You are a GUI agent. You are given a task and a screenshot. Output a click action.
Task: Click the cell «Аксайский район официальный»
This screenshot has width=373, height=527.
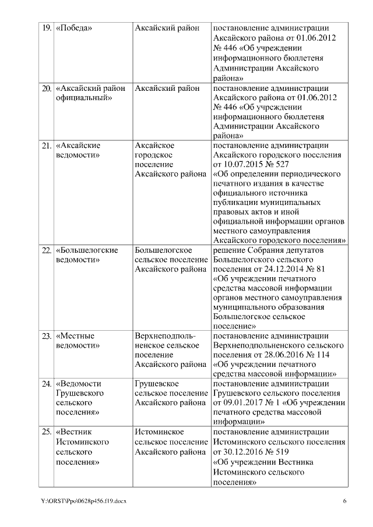(x=90, y=93)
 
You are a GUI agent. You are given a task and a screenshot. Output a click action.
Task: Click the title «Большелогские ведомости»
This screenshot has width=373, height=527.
(x=87, y=255)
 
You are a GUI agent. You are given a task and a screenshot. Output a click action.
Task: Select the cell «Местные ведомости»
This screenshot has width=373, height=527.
(x=77, y=341)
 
